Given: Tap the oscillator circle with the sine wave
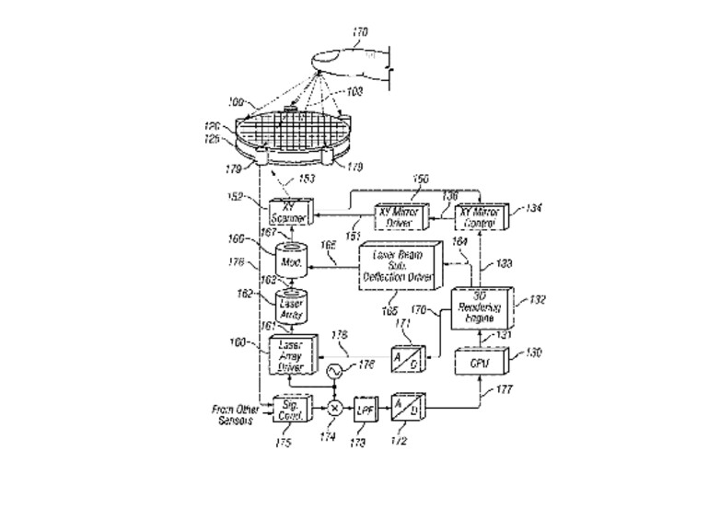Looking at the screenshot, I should (x=334, y=371).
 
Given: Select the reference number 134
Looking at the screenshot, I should (x=533, y=210).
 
